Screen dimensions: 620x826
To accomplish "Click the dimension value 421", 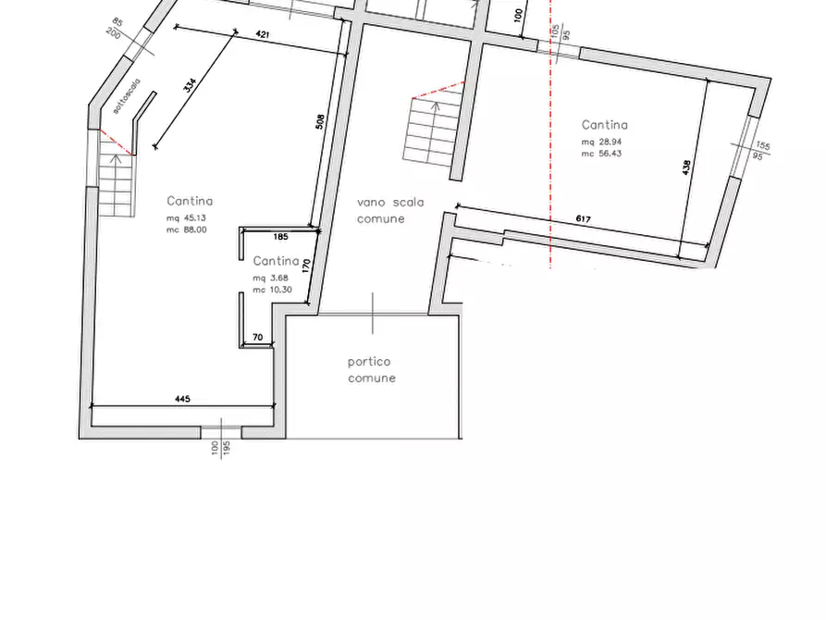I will pos(262,35).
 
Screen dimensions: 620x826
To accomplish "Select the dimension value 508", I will pos(320,120).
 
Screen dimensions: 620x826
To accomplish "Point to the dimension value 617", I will pos(583,219).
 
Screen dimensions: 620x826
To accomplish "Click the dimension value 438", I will pos(685,167).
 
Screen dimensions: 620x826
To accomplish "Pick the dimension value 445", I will pos(182,399).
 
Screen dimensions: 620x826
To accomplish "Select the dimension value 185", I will pos(281,237).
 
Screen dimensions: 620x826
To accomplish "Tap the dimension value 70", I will pos(257,338).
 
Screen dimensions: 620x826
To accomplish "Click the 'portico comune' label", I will pos(372,370).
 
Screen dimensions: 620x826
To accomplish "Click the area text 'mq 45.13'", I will pos(186,218).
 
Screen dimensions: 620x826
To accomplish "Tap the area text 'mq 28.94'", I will pos(601,143).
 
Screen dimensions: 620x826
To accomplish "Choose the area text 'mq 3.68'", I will pos(271,279).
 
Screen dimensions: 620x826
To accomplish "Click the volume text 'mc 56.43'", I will pos(601,154).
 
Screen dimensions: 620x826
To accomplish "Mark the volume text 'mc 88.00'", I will pos(186,229).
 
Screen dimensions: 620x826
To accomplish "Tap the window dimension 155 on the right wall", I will pos(762,145).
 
